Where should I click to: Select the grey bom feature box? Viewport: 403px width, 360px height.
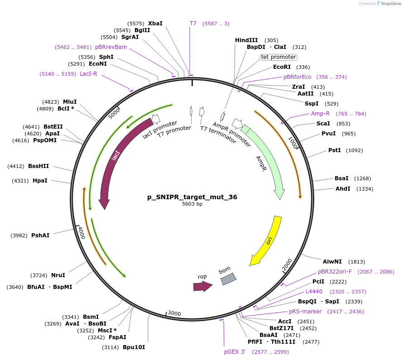point(228,279)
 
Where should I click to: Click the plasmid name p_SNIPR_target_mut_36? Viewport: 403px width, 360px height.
point(192,197)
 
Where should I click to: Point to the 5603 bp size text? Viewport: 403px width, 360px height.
point(192,204)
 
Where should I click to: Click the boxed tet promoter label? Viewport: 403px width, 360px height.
point(278,57)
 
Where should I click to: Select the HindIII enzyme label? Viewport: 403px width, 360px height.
point(246,40)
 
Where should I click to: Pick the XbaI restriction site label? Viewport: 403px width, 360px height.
point(155,23)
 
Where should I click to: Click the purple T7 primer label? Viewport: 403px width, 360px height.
point(193,23)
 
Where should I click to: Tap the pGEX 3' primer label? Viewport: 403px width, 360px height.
point(235,351)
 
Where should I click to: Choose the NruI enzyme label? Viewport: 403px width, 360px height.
point(58,275)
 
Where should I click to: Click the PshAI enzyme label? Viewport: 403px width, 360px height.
point(40,235)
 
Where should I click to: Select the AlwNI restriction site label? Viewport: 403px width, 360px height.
point(331,262)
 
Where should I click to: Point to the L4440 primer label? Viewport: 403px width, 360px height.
point(314,291)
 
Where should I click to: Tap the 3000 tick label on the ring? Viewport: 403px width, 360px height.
point(174,313)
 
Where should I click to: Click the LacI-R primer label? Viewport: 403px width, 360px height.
point(88,73)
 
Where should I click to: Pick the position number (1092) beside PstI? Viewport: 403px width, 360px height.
point(355,150)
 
